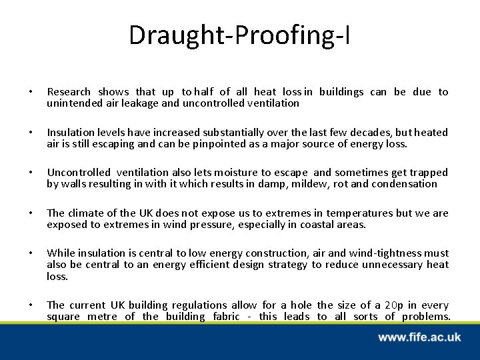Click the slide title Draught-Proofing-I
239,35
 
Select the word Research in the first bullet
69,92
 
